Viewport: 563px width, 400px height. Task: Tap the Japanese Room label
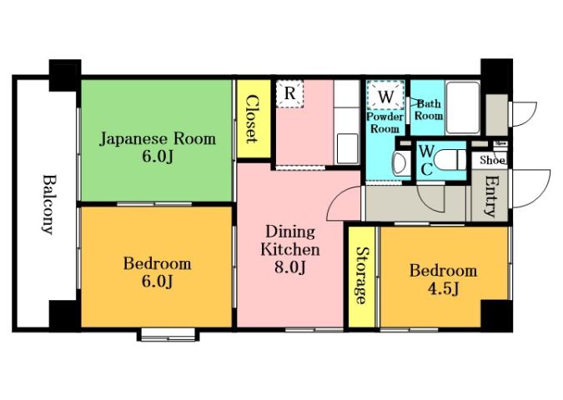tap(158, 138)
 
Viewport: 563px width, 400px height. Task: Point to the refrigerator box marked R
tap(289, 92)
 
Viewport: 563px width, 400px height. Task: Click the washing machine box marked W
tap(386, 97)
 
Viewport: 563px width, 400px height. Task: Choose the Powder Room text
tap(385, 123)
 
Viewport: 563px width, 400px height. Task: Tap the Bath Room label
tap(429, 110)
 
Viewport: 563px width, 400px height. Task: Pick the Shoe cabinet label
tap(490, 159)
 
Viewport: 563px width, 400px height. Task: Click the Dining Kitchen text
tap(290, 240)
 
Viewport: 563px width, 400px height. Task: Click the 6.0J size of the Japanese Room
tap(157, 157)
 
